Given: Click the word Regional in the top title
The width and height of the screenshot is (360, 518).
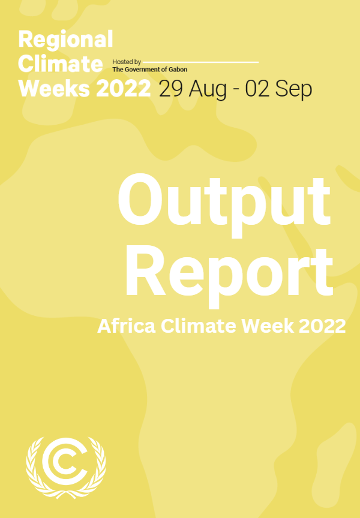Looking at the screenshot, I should point(65,40).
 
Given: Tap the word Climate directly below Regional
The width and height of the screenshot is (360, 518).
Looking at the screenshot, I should point(61,64).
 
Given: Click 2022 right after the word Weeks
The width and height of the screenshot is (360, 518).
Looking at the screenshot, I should point(123,88).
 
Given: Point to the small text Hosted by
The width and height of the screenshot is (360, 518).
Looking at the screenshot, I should point(126,62).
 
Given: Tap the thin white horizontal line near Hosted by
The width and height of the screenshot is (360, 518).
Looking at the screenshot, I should point(201,62).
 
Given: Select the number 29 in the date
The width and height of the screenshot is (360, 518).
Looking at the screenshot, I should point(172,89).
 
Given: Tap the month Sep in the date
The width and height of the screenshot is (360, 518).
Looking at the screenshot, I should point(294,89).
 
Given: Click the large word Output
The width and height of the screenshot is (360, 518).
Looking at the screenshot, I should point(224,201).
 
